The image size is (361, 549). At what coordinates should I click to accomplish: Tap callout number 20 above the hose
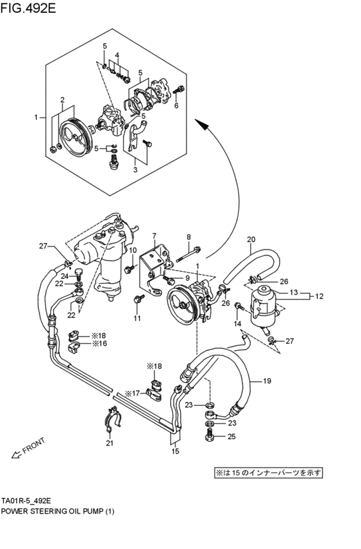click(251, 240)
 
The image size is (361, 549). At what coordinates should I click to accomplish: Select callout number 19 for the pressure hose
click(266, 381)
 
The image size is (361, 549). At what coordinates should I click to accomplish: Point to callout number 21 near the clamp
click(110, 443)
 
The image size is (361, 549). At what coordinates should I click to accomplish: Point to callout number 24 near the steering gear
click(64, 275)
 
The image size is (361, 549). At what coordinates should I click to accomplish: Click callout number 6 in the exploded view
click(175, 106)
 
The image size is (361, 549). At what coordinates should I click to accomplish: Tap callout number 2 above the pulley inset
click(63, 99)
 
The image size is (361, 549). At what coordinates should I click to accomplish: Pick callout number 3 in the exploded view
click(135, 170)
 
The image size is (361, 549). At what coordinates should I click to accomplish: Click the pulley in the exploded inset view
click(72, 135)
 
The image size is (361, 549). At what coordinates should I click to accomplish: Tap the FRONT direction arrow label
click(34, 447)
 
